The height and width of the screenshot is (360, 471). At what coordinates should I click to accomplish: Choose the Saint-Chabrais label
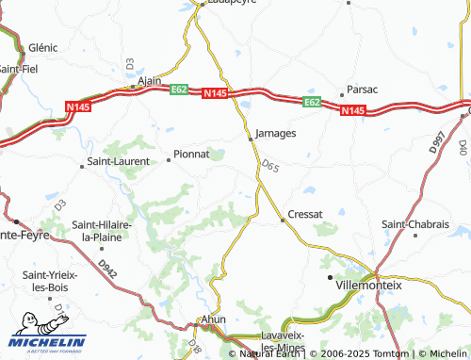tap(414, 224)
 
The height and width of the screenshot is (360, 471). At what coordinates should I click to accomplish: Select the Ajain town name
tap(150, 82)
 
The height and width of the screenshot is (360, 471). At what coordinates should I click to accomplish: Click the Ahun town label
tap(214, 319)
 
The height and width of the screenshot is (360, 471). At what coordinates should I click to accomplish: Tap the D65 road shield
tap(270, 167)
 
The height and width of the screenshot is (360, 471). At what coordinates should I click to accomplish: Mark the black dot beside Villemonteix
tap(331, 280)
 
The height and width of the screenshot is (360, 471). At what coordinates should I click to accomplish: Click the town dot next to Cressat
tap(283, 221)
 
